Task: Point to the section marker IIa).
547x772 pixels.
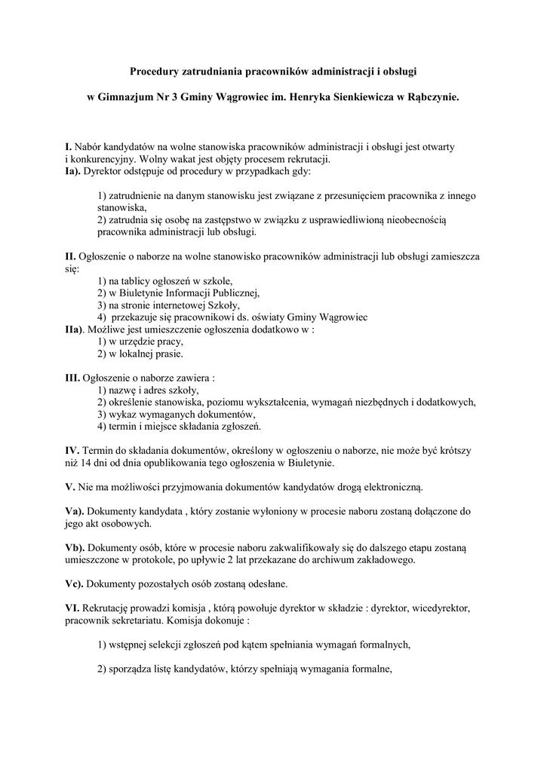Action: click(76, 329)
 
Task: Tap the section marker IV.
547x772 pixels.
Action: click(72, 451)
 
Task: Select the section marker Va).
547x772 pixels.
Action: click(75, 511)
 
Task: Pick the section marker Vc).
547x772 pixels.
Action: click(75, 584)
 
